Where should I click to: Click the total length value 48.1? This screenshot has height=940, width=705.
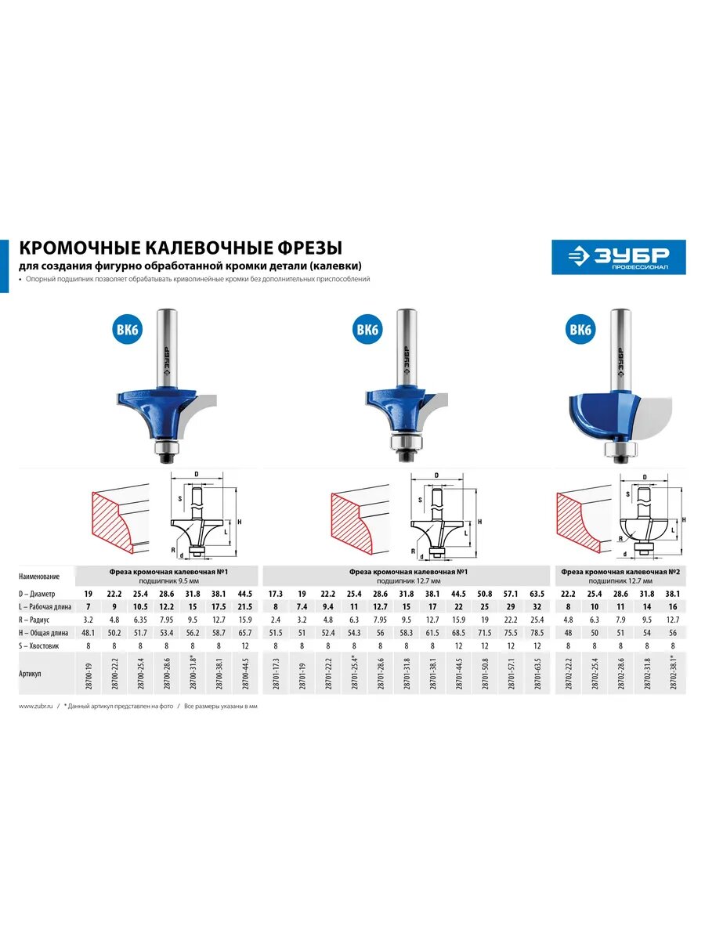coord(89,632)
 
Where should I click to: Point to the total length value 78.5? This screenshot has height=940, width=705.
coord(537,632)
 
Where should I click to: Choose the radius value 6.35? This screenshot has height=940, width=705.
coord(141,620)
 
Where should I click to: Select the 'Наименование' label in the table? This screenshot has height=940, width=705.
coord(44,576)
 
